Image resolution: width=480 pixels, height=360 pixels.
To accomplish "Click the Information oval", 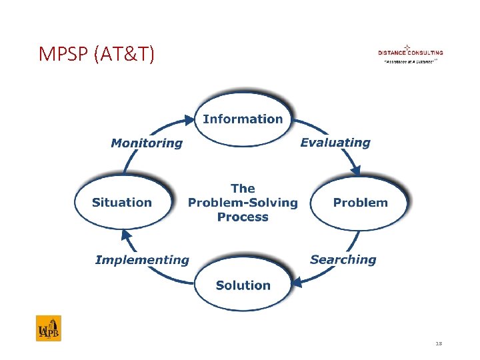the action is click(x=243, y=119).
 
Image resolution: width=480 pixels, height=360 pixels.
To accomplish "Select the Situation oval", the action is click(x=122, y=203).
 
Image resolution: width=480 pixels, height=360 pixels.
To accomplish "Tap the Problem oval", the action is click(x=360, y=203).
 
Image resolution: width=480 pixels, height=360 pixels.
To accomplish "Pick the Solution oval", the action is click(x=243, y=285).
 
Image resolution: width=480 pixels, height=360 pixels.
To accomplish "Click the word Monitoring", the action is click(x=146, y=143).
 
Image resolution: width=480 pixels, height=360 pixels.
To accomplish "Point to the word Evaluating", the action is click(x=335, y=142).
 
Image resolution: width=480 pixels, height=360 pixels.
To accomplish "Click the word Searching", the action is click(x=343, y=259).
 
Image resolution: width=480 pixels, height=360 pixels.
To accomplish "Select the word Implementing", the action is click(x=142, y=260).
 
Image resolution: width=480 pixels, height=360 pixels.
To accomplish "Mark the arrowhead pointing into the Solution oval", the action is click(x=297, y=283).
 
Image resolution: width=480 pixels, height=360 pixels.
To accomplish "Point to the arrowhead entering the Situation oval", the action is click(x=125, y=234).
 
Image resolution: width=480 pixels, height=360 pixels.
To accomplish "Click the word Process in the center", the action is click(x=243, y=217).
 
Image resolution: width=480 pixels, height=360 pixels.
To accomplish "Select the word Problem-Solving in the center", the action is click(x=243, y=203).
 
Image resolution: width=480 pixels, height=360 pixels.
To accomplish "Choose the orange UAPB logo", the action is click(x=48, y=328).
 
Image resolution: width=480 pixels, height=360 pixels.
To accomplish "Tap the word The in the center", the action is click(x=243, y=189).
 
